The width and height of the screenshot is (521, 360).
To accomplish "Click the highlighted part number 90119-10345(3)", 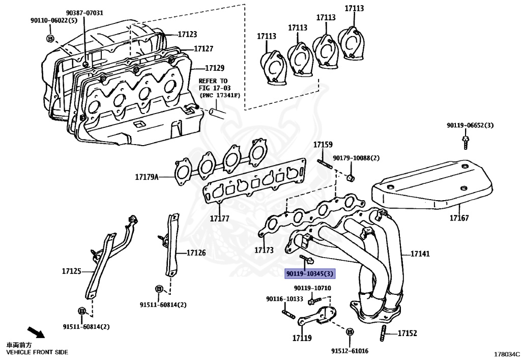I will [310, 274].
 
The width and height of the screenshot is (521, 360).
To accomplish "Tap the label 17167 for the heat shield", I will [459, 218].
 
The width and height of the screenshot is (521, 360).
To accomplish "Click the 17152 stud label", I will [407, 334].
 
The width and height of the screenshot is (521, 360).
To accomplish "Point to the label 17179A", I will [147, 178].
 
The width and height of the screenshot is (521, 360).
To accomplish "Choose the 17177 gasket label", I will [220, 218].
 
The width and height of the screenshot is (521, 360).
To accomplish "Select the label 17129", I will [215, 68].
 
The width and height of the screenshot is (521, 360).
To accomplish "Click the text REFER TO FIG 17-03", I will [213, 85].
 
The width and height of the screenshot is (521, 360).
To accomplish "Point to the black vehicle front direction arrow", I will [35, 333].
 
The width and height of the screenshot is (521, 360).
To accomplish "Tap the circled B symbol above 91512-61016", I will [350, 331].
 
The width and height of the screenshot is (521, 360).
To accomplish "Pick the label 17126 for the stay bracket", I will [196, 253].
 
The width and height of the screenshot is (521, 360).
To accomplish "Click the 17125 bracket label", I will [72, 271].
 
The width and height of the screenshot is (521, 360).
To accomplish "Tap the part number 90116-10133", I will [284, 299].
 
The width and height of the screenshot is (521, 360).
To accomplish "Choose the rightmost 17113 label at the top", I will [354, 9].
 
